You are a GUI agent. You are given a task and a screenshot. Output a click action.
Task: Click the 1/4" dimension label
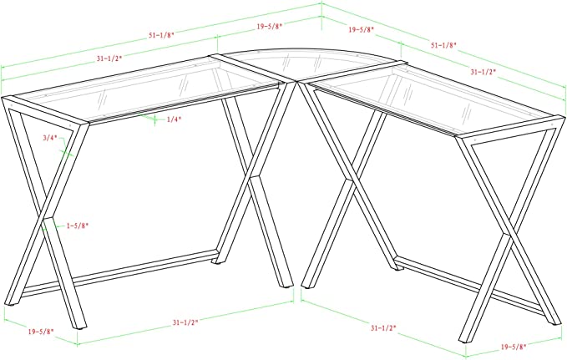tap(174, 119)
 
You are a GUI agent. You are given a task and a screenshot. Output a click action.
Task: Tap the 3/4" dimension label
tap(50, 138)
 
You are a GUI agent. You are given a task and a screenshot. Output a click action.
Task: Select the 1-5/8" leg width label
tap(78, 226)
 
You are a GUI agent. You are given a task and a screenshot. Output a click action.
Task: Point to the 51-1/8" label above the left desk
tap(161, 35)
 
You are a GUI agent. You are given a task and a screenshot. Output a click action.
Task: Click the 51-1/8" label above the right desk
tap(443, 45)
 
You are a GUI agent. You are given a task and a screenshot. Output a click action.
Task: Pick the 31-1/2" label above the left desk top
tap(109, 58)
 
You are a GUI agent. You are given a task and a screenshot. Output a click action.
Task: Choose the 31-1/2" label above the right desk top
tap(483, 72)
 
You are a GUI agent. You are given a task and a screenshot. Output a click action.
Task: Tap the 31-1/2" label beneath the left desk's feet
tap(185, 322)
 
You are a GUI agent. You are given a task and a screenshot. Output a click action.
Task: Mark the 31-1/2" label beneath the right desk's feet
tap(383, 328)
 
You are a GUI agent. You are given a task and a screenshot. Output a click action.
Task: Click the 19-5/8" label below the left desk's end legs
tap(41, 331)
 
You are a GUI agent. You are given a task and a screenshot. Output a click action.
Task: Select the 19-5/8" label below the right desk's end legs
tap(514, 347)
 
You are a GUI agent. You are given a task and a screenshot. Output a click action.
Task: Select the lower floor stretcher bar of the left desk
tap(119, 274)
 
